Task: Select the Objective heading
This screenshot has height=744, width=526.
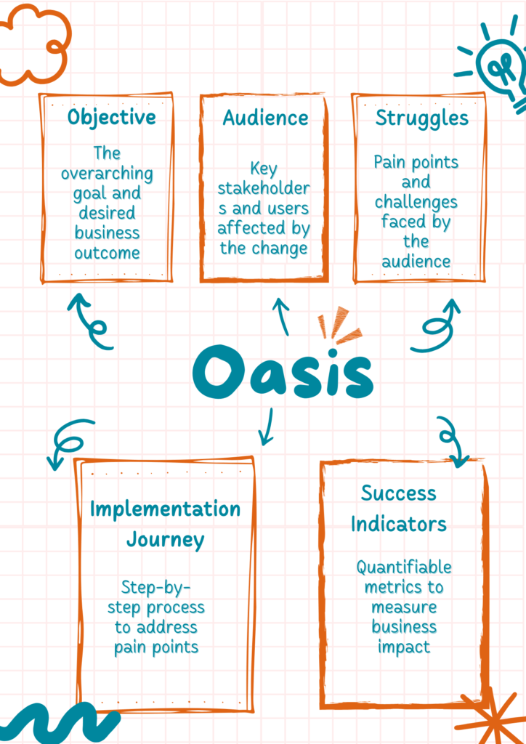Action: pos(111,118)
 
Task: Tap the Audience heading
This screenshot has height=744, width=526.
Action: pos(265,118)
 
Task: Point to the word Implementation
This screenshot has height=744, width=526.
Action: pos(165,509)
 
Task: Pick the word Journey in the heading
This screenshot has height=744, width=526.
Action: pos(165,541)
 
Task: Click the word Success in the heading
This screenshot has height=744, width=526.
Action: pos(399,493)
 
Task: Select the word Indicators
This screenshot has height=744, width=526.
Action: pos(399,524)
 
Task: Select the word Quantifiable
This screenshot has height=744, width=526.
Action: pos(403,567)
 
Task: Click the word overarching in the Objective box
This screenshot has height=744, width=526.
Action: pos(107,174)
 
